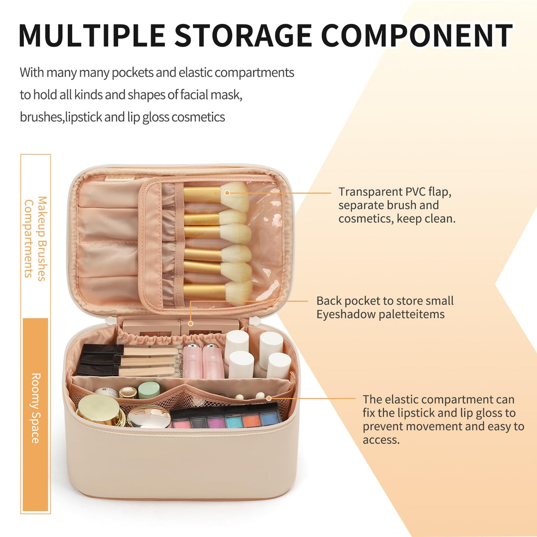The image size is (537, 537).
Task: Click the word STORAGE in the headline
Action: coord(244,35)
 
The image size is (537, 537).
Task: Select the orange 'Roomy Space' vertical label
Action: coord(36,408)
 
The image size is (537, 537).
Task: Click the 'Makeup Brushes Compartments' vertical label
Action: coord(36,238)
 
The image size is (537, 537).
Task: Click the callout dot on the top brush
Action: coord(227,193)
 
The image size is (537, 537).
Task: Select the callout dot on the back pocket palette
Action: coord(191,323)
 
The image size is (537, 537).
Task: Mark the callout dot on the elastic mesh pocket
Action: coord(268,398)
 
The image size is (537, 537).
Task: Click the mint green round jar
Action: coord(149,390)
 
